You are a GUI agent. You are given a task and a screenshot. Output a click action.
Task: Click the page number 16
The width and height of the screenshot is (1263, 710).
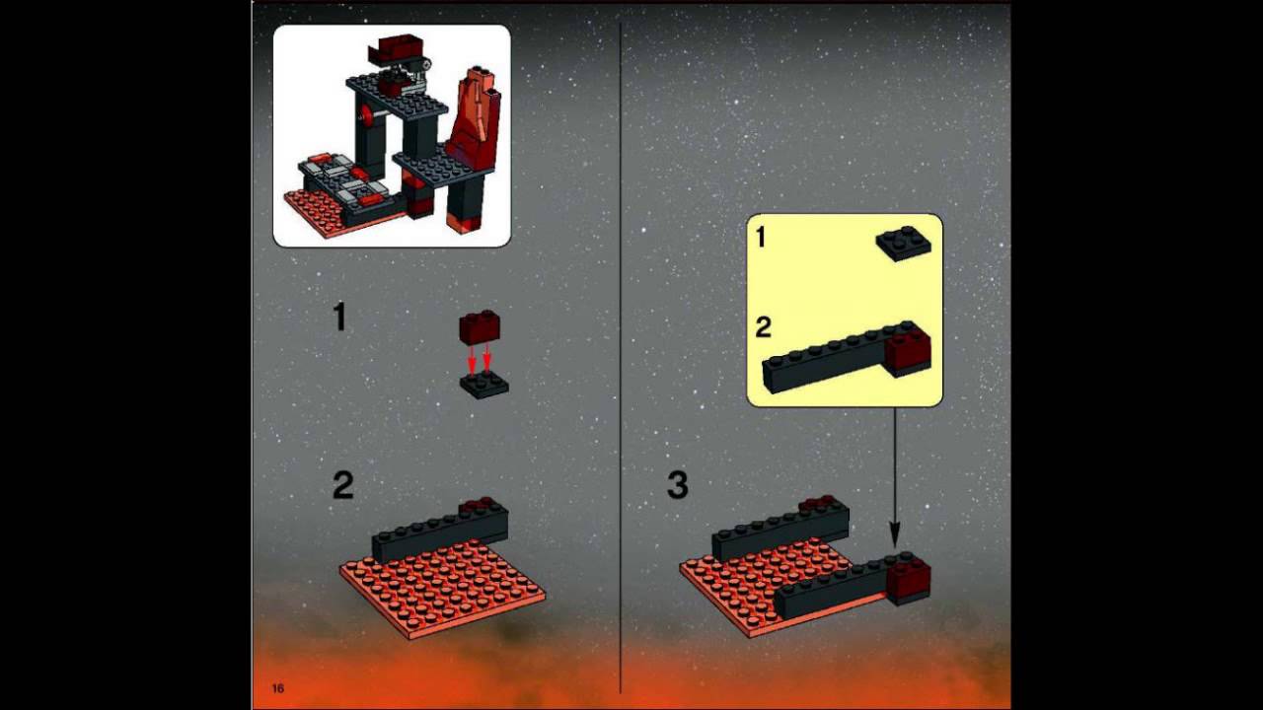278,687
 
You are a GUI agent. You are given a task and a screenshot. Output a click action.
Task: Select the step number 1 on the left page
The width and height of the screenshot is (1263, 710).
340,318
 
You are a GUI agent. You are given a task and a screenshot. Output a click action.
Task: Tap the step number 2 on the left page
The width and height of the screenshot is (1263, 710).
342,485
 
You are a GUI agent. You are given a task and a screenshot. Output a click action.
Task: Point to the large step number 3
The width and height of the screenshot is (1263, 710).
677,485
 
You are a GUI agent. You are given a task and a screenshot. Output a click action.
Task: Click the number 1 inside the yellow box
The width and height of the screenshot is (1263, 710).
761,238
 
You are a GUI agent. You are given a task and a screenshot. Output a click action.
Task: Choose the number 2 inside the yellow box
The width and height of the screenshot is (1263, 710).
763,327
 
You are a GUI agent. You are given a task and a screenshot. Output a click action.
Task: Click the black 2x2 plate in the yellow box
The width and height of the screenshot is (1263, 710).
903,244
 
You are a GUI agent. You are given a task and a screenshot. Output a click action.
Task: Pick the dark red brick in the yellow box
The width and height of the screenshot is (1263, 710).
908,351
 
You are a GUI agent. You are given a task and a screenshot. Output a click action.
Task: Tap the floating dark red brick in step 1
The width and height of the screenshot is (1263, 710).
480,327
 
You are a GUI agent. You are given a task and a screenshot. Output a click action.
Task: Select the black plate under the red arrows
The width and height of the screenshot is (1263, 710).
484,385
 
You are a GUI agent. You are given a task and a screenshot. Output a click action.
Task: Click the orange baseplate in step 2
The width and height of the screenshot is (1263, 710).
444,587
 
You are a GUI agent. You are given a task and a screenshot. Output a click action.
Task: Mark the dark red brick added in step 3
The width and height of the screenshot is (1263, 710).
908,579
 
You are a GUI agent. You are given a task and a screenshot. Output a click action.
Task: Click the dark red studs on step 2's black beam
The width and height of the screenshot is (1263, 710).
480,503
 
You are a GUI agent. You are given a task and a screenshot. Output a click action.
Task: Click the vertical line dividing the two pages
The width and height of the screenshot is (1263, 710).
620,355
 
